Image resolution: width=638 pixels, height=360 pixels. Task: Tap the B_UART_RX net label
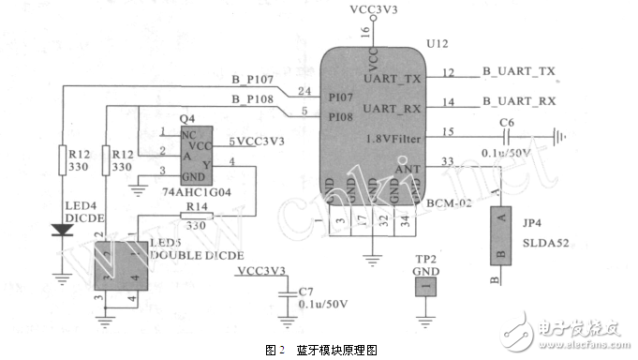pyautogui.click(x=519, y=100)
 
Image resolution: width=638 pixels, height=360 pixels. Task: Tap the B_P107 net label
pyautogui.click(x=250, y=78)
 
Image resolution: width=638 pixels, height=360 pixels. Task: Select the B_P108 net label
pyautogui.click(x=250, y=98)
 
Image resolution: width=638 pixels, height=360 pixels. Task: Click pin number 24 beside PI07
pyautogui.click(x=303, y=91)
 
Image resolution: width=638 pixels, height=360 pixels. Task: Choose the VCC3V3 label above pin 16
pyautogui.click(x=372, y=9)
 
